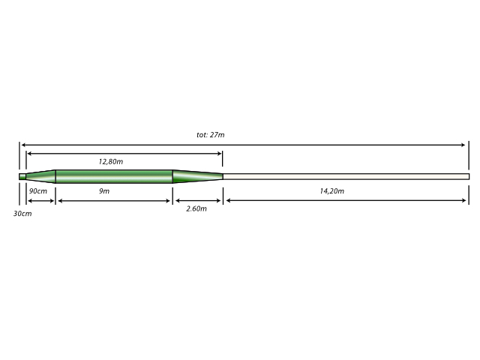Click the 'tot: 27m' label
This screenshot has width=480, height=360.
click(x=210, y=135)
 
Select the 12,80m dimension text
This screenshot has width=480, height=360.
click(x=111, y=162)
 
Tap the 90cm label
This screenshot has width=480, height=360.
click(x=38, y=191)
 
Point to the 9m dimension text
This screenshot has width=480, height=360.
click(x=104, y=191)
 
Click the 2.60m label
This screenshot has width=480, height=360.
click(x=196, y=208)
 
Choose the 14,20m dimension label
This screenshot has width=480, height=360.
click(x=331, y=191)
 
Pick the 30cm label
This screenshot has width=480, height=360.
click(x=22, y=214)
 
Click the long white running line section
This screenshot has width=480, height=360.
click(x=346, y=177)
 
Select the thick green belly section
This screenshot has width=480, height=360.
click(x=114, y=177)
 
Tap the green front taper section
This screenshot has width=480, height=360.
click(x=40, y=177)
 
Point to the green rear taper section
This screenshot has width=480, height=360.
click(x=198, y=177)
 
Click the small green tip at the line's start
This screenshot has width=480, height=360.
click(x=22, y=177)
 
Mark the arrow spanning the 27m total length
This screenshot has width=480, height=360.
click(x=243, y=145)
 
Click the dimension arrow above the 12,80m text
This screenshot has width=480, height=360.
click(x=124, y=154)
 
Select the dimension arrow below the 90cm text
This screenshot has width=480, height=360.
click(x=40, y=201)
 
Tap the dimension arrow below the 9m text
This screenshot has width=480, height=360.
click(x=114, y=201)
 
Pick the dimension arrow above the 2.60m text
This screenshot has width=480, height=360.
click(x=198, y=201)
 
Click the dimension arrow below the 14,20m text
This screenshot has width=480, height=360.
click(x=346, y=200)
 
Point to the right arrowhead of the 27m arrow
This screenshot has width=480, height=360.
click(x=463, y=145)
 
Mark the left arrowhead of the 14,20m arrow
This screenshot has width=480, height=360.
click(x=228, y=200)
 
